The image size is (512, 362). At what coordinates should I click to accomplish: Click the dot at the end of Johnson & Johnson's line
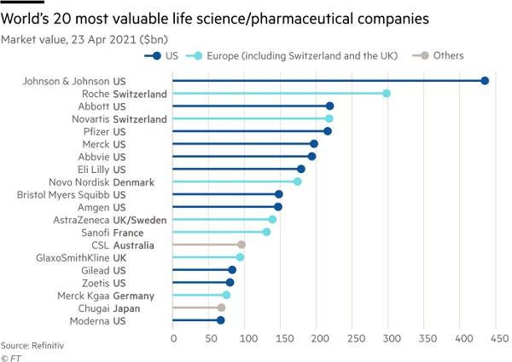pos(485,81)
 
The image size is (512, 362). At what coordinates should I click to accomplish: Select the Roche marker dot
pos(387,94)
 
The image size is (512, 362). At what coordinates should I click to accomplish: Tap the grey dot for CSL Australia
pos(241,244)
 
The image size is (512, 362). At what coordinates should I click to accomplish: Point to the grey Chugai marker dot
pos(221,307)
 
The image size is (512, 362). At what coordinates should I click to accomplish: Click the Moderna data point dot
pos(220,320)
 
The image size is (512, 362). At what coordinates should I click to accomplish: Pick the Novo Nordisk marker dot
pos(297,181)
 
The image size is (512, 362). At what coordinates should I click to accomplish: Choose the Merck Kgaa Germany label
pos(118,295)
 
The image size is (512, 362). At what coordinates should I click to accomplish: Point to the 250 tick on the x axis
pos(352,337)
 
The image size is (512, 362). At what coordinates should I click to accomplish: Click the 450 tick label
pos(496,337)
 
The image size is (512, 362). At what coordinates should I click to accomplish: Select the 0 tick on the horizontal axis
pos(173,337)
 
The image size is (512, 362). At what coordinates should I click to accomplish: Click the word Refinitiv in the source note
pos(48,346)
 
